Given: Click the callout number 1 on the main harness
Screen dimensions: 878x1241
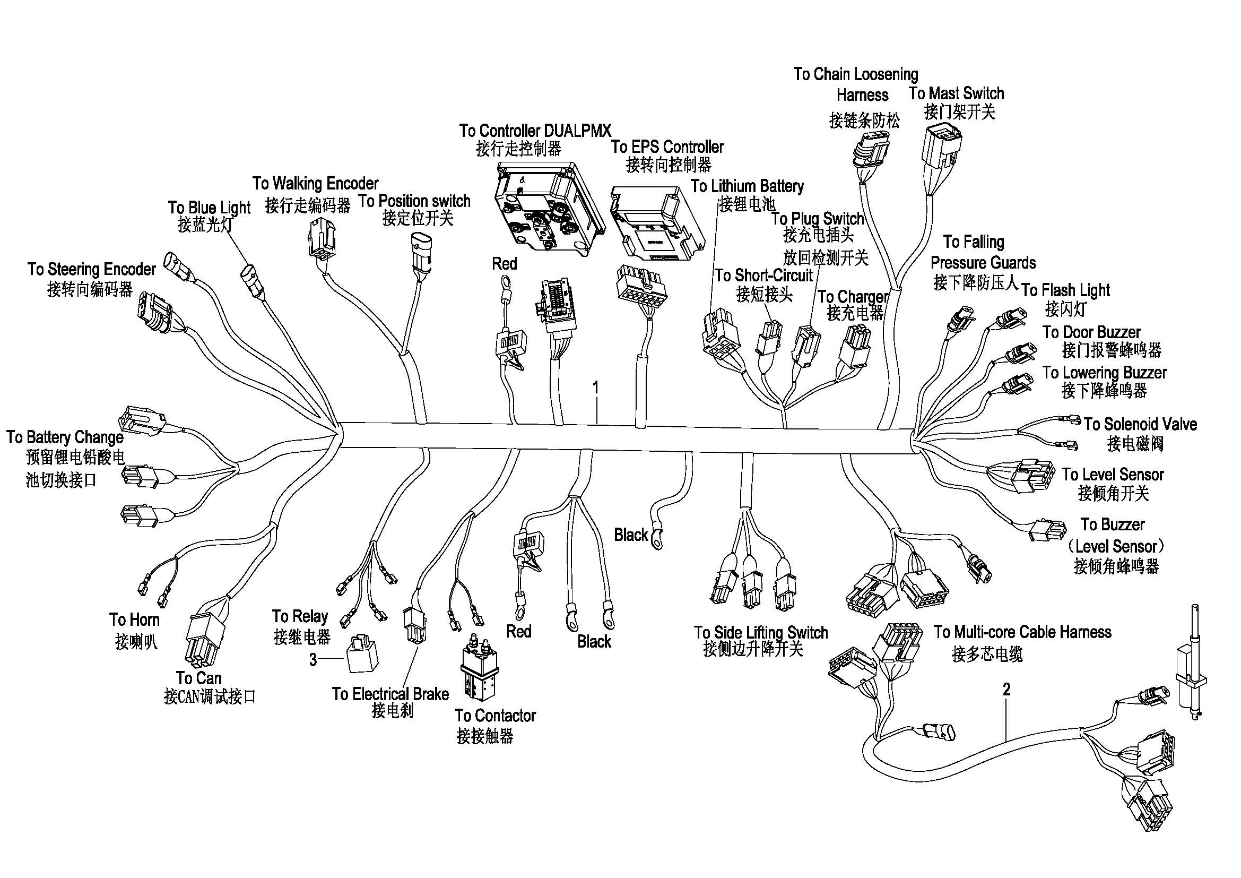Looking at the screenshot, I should coord(595,387).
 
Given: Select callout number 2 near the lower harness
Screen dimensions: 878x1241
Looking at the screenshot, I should coord(1006,689).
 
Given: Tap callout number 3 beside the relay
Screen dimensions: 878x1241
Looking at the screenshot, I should coord(313,660).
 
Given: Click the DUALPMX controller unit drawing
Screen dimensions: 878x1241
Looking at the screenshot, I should coord(549,208).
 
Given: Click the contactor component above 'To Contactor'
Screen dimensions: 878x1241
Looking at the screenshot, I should coord(479,668).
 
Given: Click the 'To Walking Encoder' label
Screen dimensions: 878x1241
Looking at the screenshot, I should coord(315,183).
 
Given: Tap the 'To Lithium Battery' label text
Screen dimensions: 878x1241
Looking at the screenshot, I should coord(747,186).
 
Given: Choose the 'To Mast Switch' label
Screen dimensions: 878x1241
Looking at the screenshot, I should coord(956,93).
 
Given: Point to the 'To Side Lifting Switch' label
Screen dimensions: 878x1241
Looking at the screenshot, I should coord(760,632).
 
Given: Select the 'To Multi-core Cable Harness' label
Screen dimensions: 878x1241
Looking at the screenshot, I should coord(1022,632).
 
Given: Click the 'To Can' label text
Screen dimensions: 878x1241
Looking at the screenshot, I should coord(198,677).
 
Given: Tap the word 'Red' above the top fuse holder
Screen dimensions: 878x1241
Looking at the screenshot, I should coord(504,264).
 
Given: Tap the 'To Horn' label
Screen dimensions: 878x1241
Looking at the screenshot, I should coord(134,619).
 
